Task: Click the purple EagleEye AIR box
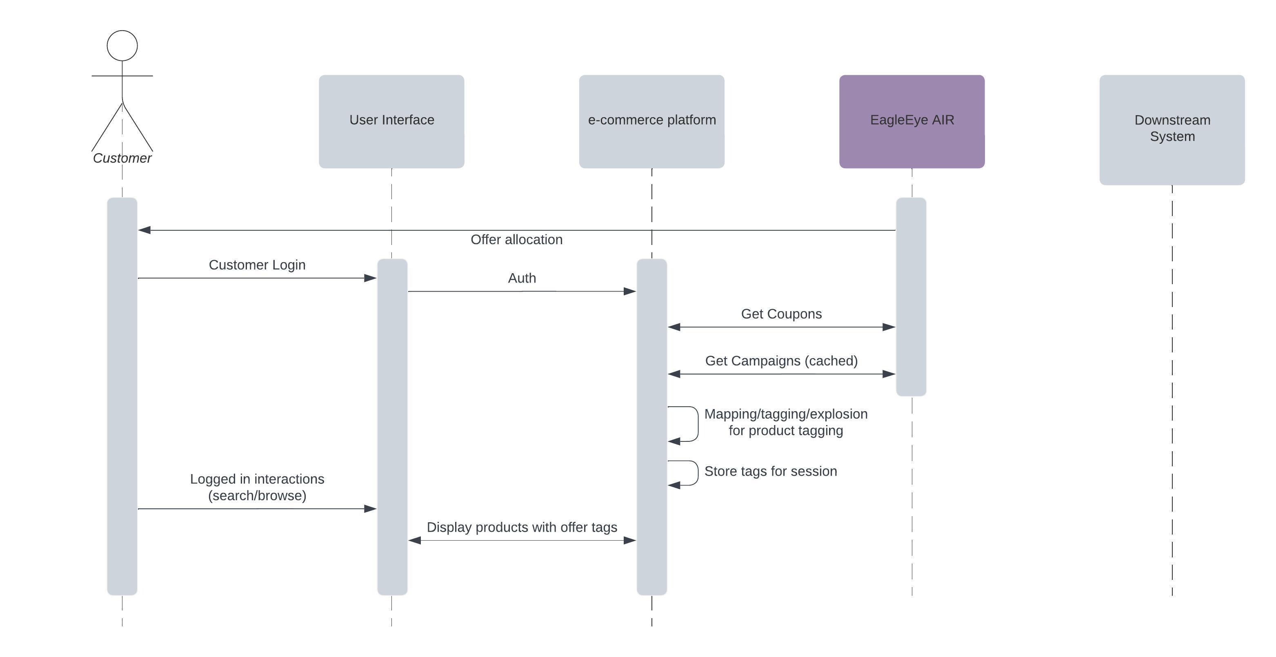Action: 911,121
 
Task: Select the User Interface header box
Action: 391,121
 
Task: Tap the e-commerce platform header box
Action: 651,121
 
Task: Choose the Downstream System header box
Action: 1172,130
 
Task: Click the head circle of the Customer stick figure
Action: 122,46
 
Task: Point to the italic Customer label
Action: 122,158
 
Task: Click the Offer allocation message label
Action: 516,240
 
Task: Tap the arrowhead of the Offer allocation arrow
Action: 144,230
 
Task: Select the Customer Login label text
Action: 257,265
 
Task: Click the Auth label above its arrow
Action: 522,278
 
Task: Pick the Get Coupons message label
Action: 781,314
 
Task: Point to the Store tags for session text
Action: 770,471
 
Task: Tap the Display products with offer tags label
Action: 522,527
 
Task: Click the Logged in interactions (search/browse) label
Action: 257,487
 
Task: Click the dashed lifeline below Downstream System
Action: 1172,396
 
